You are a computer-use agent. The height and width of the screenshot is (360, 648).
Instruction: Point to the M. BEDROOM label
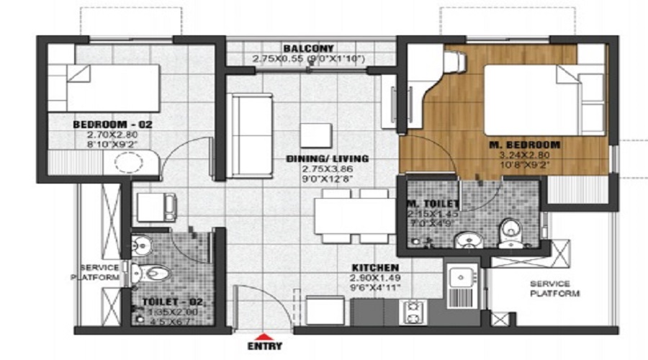click(524, 145)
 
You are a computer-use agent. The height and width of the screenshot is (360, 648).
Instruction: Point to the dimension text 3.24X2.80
click(524, 155)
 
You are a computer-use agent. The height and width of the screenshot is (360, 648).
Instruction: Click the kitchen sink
click(459, 276)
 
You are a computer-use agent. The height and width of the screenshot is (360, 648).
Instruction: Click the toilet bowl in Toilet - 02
click(153, 273)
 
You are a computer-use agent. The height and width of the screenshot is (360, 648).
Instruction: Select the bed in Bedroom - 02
click(112, 88)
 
